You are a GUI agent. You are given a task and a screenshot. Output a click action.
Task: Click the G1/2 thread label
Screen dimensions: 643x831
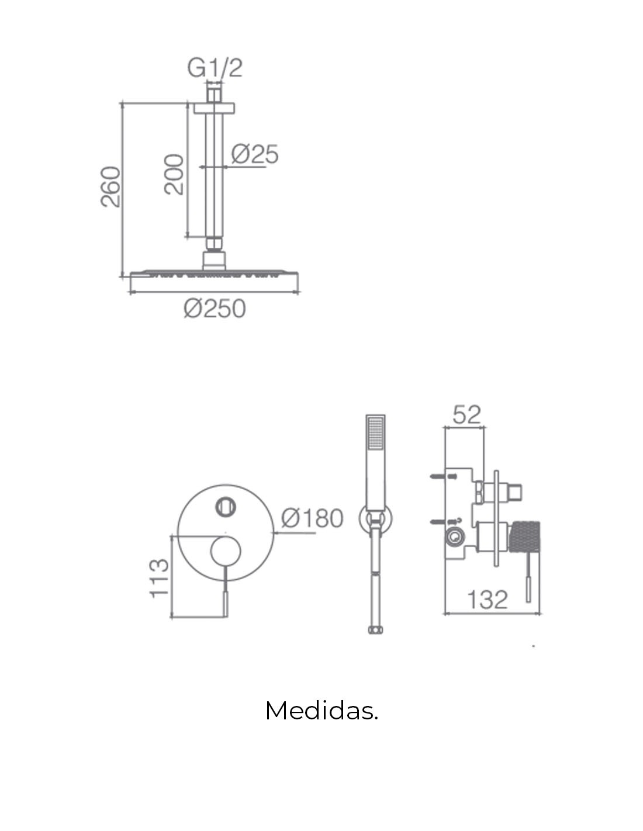215,68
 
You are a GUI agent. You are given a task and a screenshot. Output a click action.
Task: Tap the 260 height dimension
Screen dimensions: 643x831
110,186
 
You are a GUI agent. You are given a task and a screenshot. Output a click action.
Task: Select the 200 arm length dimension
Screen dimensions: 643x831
174,174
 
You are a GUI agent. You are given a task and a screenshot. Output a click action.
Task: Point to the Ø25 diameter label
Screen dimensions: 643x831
255,154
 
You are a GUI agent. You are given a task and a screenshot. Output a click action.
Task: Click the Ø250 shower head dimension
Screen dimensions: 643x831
214,309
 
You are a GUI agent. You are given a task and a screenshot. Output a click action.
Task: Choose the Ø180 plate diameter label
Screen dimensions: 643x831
312,518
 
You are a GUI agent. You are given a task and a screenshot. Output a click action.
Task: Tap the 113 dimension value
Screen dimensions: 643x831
159,579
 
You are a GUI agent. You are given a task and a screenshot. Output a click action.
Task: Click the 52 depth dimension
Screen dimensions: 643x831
466,414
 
